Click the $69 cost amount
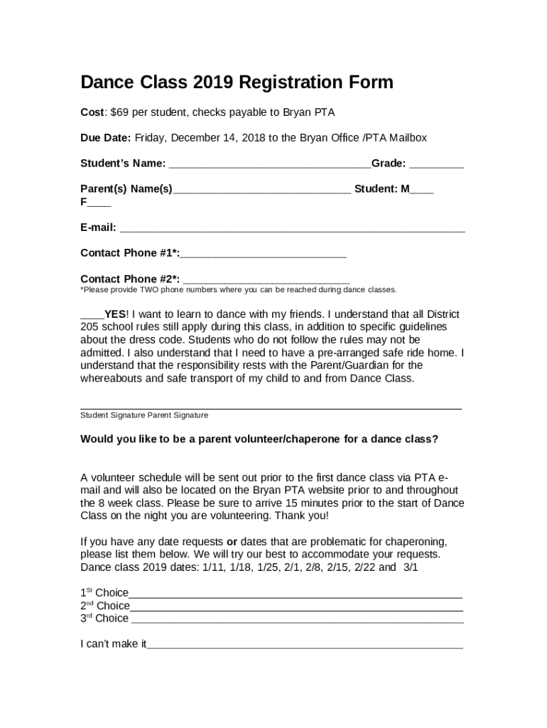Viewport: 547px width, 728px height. pyautogui.click(x=121, y=112)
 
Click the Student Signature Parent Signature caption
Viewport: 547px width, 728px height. pyautogui.click(x=144, y=415)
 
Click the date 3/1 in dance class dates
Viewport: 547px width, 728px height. pyautogui.click(x=411, y=567)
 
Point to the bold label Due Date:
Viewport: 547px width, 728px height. pyautogui.click(x=106, y=138)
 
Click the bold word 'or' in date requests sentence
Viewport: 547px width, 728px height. pyautogui.click(x=232, y=541)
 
